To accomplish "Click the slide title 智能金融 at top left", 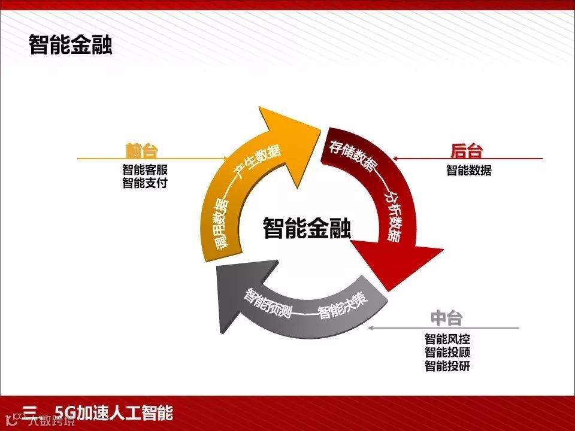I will [x=70, y=45].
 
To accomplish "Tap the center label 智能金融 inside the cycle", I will [x=307, y=228].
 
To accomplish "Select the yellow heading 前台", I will [x=142, y=151].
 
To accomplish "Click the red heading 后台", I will [x=466, y=151].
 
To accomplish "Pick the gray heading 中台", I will [x=446, y=318].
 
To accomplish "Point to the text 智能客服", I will [x=145, y=170].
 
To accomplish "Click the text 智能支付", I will [x=145, y=183].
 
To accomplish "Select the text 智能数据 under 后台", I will [x=468, y=171].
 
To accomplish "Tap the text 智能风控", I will [x=447, y=339].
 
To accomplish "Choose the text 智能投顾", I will [x=447, y=353].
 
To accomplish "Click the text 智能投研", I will [x=447, y=366].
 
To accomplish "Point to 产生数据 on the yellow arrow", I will [x=258, y=162].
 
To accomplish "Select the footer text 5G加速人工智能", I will [x=113, y=413].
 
